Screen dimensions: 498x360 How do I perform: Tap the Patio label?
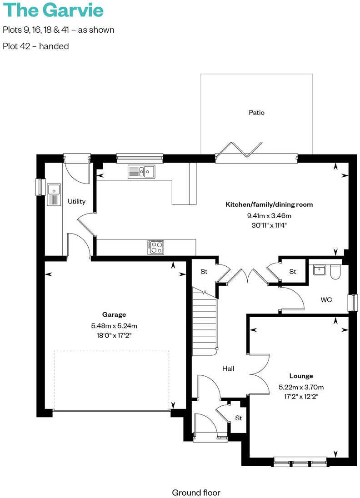[256, 112]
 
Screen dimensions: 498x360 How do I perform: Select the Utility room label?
[76, 201]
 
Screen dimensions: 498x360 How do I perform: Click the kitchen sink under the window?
[141, 171]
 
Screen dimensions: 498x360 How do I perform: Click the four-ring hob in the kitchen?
[155, 247]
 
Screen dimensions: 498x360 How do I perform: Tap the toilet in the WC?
[335, 272]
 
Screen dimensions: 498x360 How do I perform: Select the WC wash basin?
[319, 269]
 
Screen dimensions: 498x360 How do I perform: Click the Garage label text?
[114, 314]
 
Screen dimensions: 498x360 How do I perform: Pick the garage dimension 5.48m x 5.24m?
[114, 325]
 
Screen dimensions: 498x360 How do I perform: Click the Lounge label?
[301, 376]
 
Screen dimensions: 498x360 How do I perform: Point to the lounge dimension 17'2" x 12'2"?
[301, 396]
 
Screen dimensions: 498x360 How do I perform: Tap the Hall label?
[228, 369]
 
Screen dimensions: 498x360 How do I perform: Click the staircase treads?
[204, 323]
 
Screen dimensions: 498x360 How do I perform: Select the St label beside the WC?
[293, 272]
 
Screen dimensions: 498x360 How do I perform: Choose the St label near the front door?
[238, 418]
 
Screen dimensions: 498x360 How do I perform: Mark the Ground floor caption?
[196, 492]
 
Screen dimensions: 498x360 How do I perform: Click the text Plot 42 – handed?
[35, 46]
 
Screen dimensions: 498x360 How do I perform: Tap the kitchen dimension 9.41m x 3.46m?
[269, 215]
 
